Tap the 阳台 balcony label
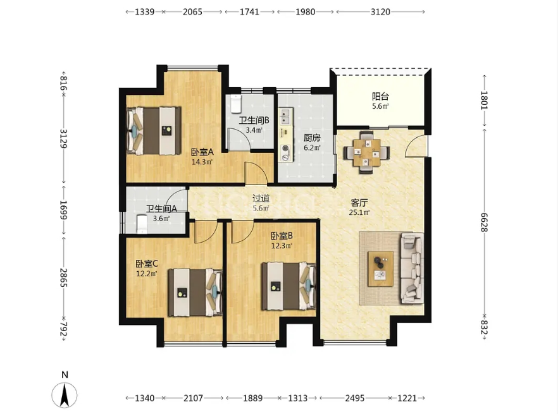(x=380, y=96)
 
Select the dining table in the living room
(x=366, y=153)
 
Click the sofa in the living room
(x=412, y=268)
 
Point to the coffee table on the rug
(x=380, y=269)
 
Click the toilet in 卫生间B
(x=235, y=103)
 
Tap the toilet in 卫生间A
(x=142, y=224)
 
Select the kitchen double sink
(x=285, y=116)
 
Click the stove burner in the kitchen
(x=285, y=149)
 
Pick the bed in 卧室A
(x=154, y=131)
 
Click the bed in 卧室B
(x=288, y=286)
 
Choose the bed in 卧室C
(x=195, y=293)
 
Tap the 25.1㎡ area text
(x=359, y=213)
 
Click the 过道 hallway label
(x=261, y=198)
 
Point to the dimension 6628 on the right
(x=484, y=222)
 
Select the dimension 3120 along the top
(x=380, y=12)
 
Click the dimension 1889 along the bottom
(x=252, y=398)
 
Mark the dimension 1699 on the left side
(x=63, y=210)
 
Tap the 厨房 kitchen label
(x=312, y=138)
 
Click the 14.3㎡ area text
(x=202, y=162)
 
